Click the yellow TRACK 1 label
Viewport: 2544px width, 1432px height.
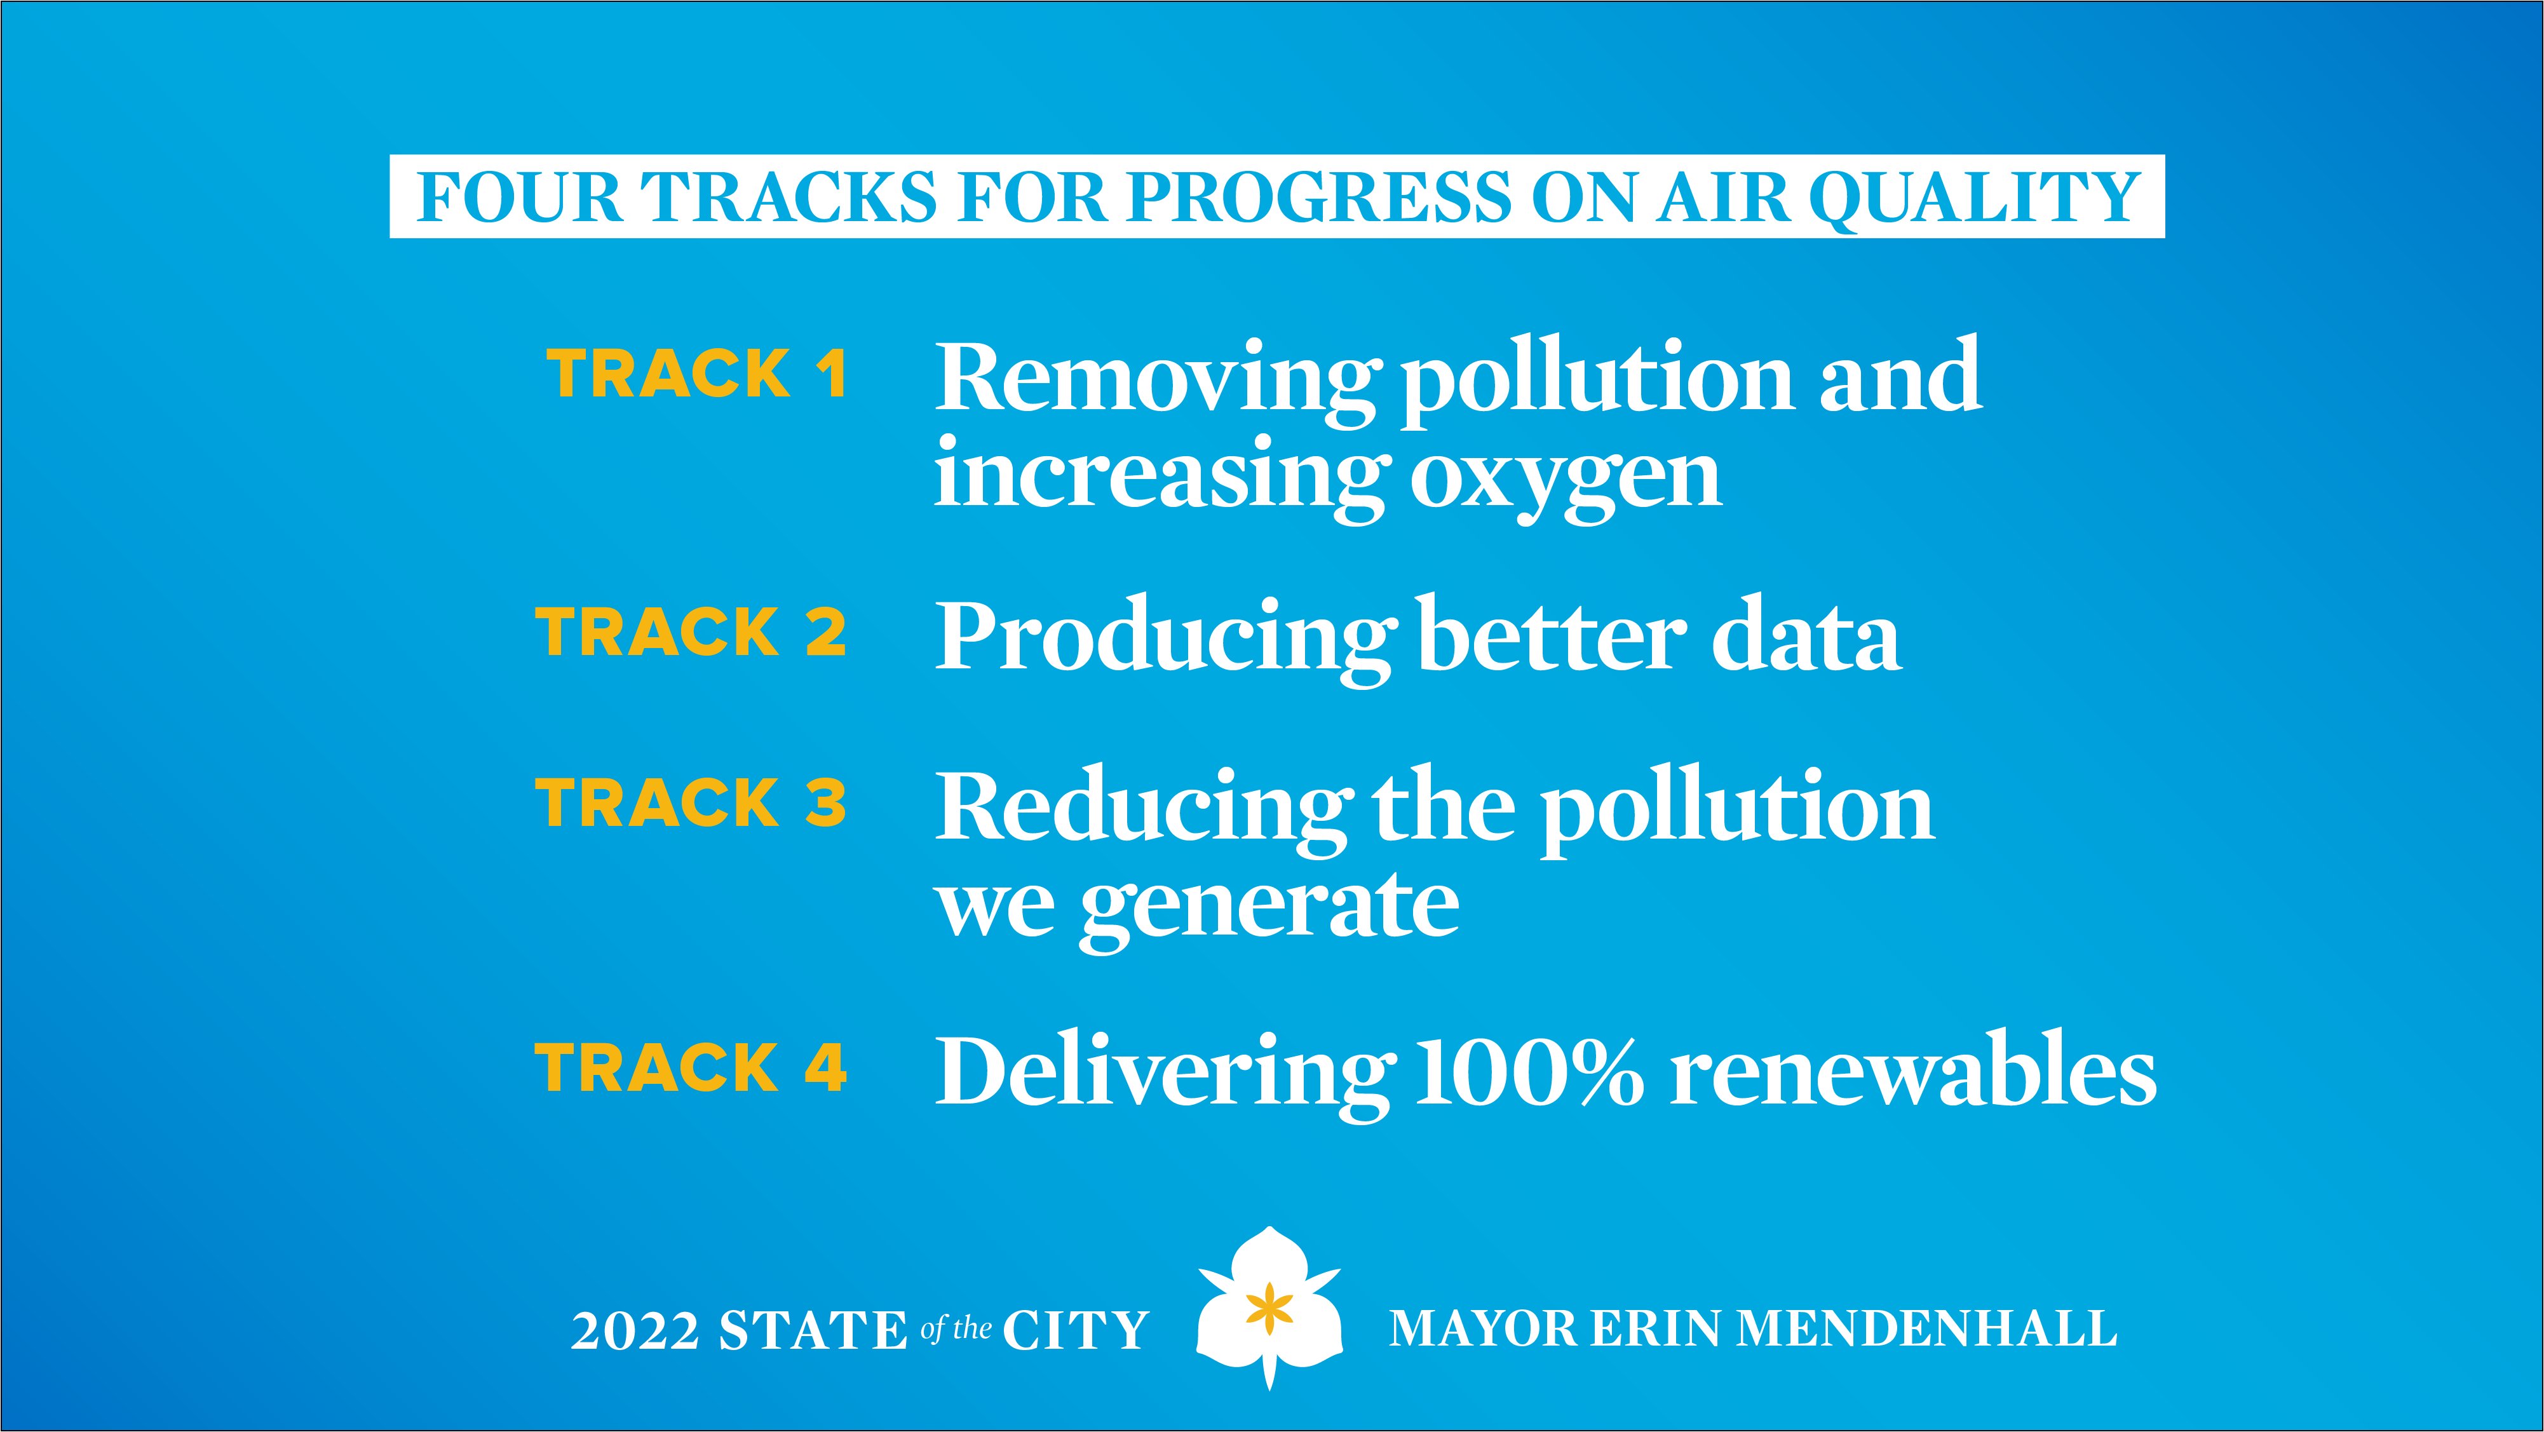pos(697,374)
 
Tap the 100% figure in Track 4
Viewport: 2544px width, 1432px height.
pos(1529,1071)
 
